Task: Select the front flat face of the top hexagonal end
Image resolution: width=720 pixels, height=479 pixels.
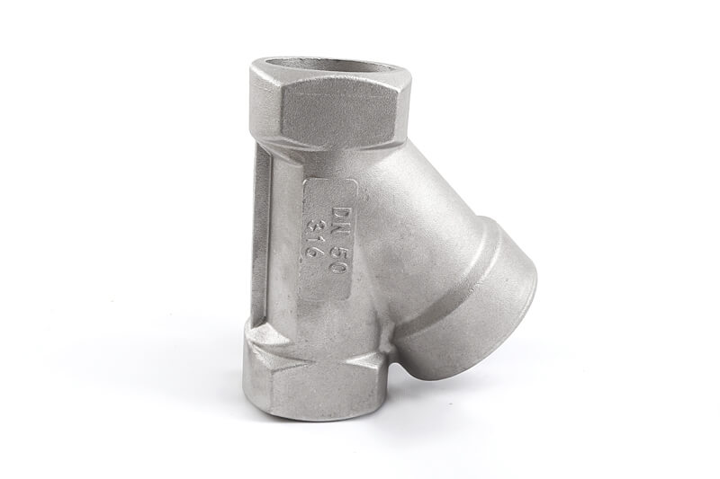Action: [339, 113]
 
